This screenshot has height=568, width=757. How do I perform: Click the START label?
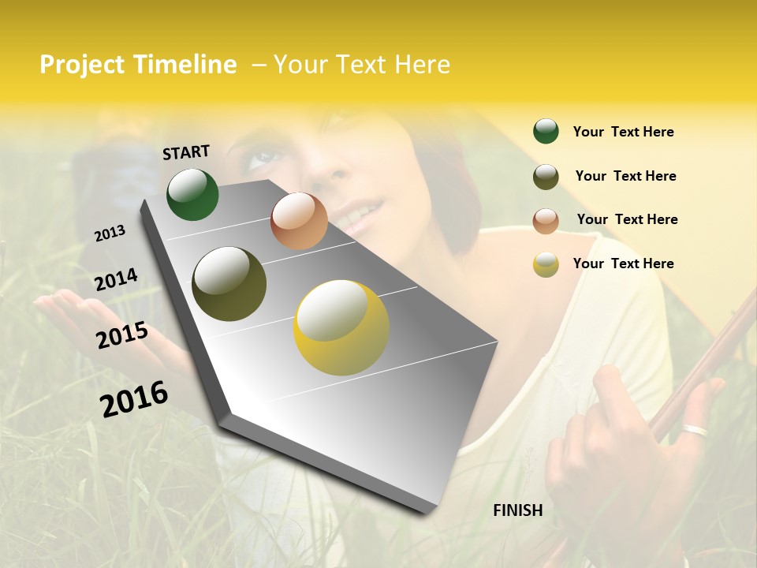click(x=186, y=152)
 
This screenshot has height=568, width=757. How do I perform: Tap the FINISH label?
click(x=517, y=510)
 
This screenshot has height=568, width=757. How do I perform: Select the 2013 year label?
click(x=110, y=234)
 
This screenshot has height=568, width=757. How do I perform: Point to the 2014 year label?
click(x=116, y=279)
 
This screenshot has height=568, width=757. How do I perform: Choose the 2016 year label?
click(x=134, y=398)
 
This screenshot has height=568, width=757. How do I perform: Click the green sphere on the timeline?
click(x=192, y=194)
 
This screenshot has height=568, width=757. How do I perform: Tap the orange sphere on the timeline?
click(x=299, y=221)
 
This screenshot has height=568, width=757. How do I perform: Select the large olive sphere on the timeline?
click(x=229, y=284)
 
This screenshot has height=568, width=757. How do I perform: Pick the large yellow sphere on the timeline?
click(x=341, y=327)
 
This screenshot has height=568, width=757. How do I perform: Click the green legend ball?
click(x=546, y=131)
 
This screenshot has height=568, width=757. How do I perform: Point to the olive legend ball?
click(x=546, y=177)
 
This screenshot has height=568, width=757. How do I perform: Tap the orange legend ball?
click(x=546, y=221)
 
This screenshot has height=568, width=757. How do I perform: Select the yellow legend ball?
click(x=546, y=264)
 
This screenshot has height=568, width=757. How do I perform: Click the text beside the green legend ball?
click(x=623, y=132)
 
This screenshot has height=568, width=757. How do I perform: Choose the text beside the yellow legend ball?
click(x=623, y=263)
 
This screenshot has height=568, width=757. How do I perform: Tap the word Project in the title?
click(x=84, y=65)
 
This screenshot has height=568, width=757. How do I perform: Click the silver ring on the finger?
click(x=695, y=430)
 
